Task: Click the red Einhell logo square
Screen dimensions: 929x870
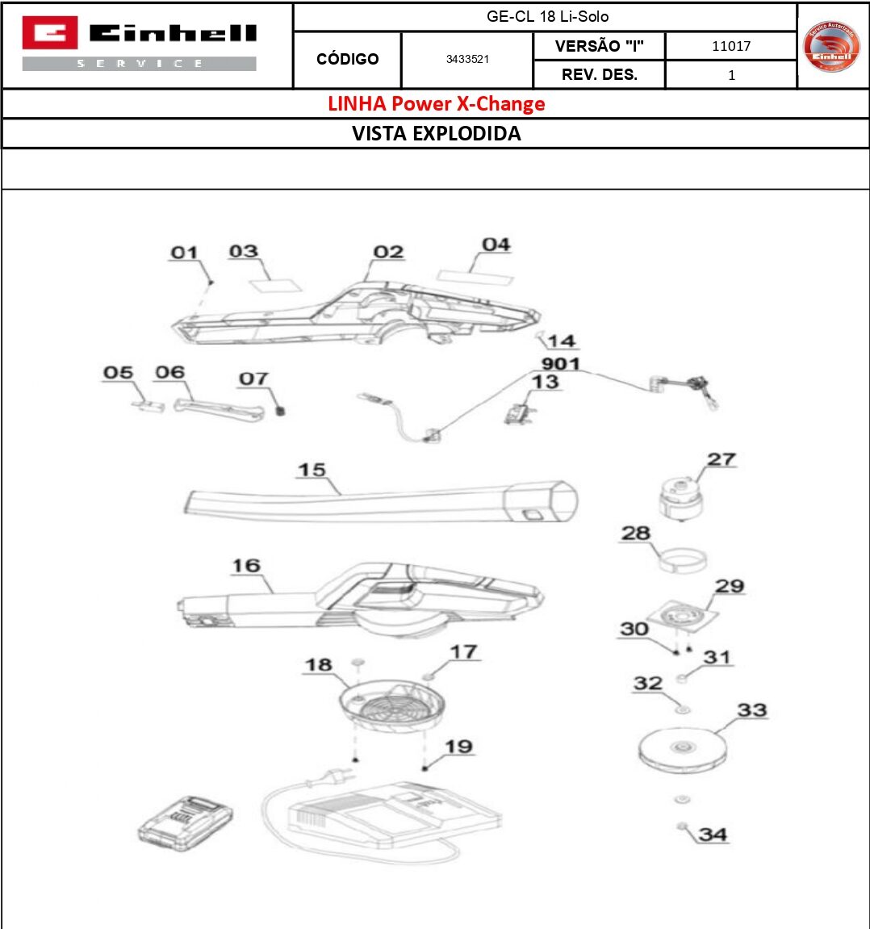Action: tap(49, 33)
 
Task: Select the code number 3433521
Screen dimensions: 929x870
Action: tap(467, 60)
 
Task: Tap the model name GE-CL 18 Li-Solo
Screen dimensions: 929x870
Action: tap(547, 17)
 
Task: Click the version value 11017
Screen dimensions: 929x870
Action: tap(730, 47)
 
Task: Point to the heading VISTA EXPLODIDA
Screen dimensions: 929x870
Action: tap(436, 134)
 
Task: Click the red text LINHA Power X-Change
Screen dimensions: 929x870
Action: tap(436, 104)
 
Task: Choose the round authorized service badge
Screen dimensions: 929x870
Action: tap(831, 46)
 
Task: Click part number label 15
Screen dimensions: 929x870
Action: tap(312, 470)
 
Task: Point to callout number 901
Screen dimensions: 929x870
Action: tap(560, 364)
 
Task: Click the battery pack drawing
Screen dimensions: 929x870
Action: tap(186, 823)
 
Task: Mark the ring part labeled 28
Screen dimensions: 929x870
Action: tap(682, 559)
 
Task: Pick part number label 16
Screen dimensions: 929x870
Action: tap(246, 566)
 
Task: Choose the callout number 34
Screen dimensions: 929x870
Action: tap(713, 834)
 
